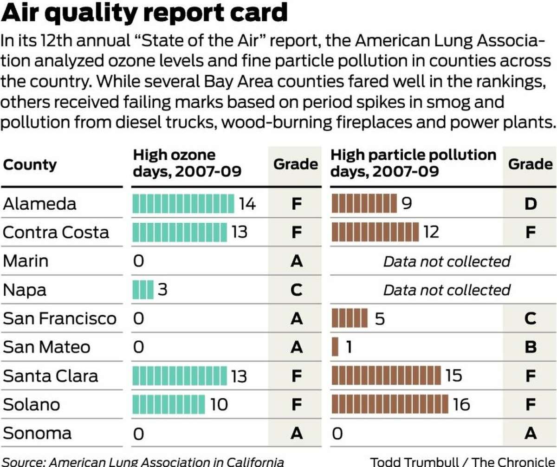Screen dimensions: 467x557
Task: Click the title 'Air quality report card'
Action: tap(145, 14)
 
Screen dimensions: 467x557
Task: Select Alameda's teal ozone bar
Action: tap(183, 203)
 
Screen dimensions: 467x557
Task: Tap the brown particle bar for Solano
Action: tap(390, 404)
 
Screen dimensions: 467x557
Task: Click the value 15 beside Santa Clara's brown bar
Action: tap(453, 375)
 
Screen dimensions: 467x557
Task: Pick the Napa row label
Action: tap(25, 290)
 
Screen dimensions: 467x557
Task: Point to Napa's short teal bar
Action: tap(142, 290)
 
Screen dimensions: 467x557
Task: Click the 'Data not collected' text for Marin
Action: tap(447, 261)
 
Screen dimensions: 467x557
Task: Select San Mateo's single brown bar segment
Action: tap(335, 347)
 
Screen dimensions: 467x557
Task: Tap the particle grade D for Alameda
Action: tap(530, 203)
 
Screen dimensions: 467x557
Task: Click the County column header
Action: tap(30, 165)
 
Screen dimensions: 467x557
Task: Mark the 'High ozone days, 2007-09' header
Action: tap(188, 163)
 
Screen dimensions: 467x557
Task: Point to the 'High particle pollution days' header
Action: tap(413, 163)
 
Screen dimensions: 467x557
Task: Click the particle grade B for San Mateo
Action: tap(530, 347)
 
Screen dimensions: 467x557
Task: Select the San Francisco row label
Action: tap(59, 318)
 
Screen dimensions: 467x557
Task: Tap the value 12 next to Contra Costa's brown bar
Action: tap(431, 232)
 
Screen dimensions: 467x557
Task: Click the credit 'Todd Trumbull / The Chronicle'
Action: tap(462, 462)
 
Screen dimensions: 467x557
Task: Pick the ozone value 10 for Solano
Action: tap(219, 404)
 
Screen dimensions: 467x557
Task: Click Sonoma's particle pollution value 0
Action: tap(337, 434)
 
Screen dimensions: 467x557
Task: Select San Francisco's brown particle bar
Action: tap(350, 318)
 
